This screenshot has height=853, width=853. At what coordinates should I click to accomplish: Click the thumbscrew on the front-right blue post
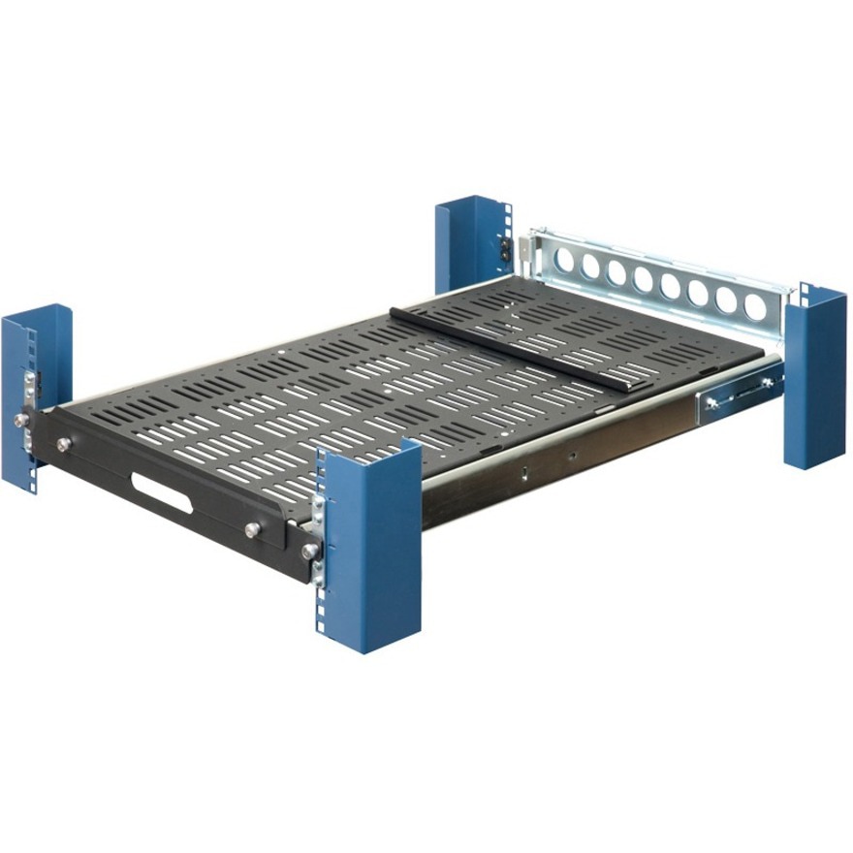point(309,551)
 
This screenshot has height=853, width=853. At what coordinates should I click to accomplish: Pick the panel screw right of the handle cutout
point(253,529)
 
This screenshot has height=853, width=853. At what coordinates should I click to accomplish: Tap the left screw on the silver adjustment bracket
point(714,403)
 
